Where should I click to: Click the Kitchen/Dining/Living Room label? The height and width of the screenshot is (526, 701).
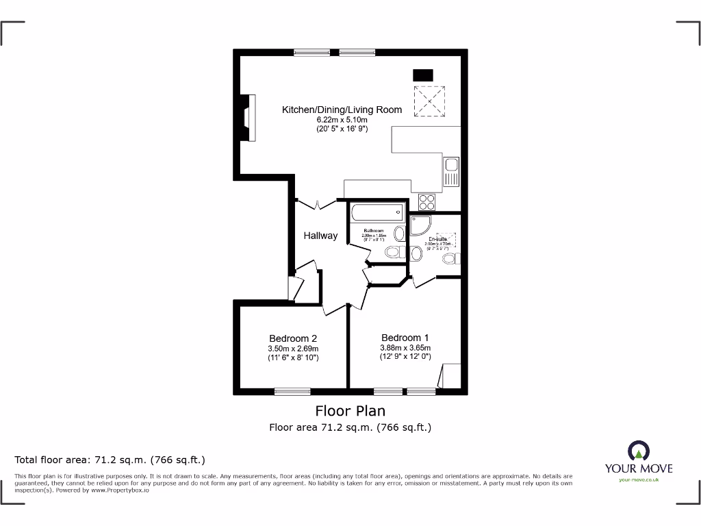tap(342, 110)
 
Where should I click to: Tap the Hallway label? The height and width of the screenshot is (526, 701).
tap(320, 236)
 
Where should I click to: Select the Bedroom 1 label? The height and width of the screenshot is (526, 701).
tap(405, 338)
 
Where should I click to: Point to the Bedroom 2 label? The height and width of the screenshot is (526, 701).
tap(293, 338)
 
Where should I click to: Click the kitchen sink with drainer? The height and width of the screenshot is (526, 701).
tap(451, 171)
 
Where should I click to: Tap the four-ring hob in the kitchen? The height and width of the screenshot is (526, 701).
tap(427, 202)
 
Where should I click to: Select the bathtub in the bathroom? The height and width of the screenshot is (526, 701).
tap(377, 214)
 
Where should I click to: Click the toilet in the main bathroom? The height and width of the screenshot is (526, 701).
tap(394, 253)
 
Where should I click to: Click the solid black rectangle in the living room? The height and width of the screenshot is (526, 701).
tap(422, 75)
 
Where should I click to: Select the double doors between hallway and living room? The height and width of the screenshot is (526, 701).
tap(317, 203)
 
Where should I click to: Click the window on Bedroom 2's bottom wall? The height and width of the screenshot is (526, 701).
tap(292, 391)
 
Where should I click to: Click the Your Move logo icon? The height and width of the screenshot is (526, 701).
tap(638, 451)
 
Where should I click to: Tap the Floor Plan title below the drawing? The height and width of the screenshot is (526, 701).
tap(350, 411)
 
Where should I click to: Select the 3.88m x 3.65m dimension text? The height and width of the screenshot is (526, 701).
tap(405, 348)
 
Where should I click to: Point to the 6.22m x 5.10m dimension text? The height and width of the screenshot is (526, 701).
tap(342, 120)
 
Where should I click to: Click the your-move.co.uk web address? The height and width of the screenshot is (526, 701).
tap(638, 480)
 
